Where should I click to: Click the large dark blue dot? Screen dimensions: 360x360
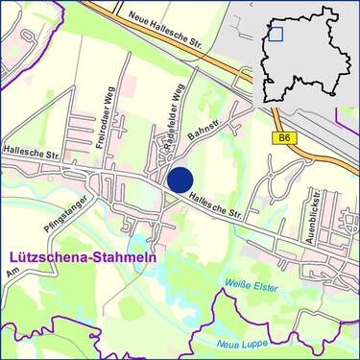pyautogui.click(x=180, y=180)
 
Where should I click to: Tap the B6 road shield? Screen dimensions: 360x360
pyautogui.click(x=284, y=138)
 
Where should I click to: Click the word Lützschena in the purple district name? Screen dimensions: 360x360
pyautogui.click(x=46, y=258)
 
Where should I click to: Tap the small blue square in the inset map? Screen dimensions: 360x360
pyautogui.click(x=276, y=35)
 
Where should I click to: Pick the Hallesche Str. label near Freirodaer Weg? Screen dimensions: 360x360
pyautogui.click(x=31, y=152)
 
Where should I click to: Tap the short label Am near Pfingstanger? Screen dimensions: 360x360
pyautogui.click(x=12, y=275)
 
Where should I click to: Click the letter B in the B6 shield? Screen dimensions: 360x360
pyautogui.click(x=281, y=138)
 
